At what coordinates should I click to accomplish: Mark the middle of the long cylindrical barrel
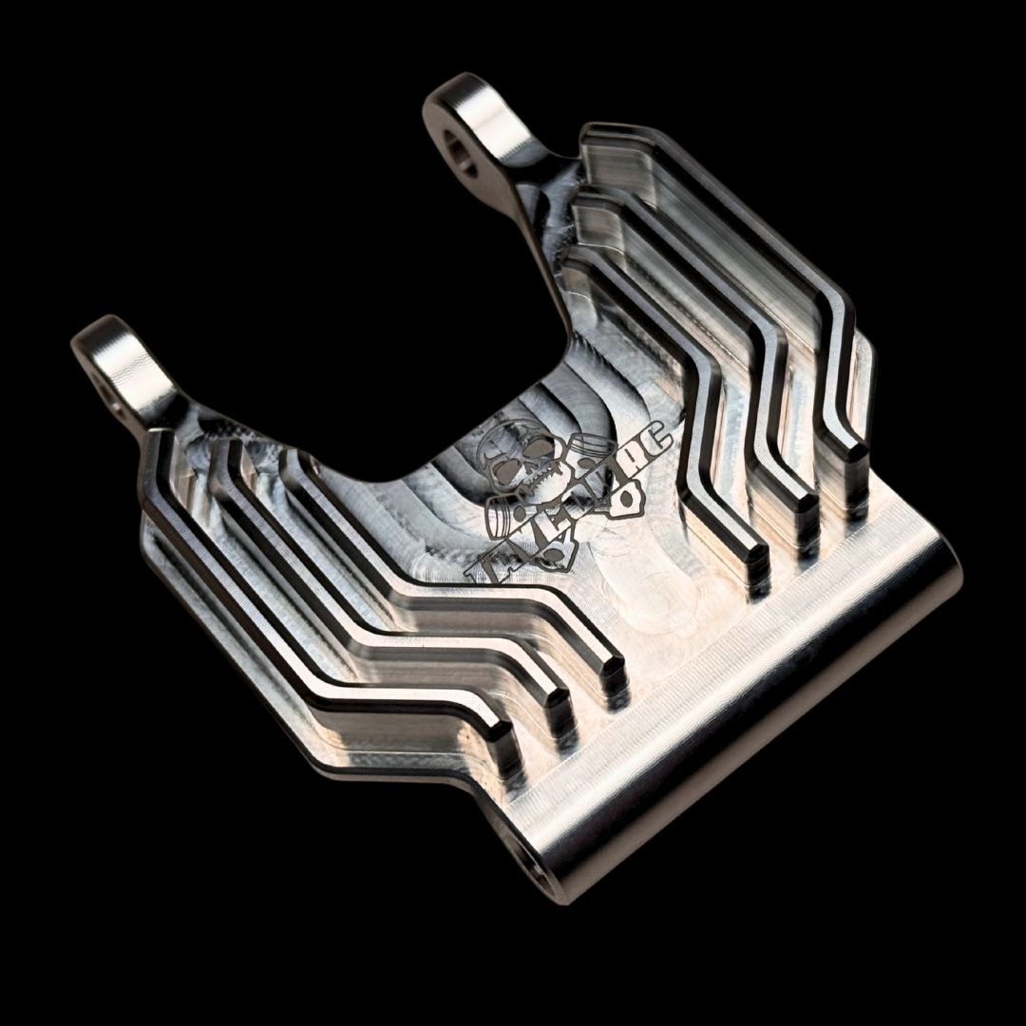741,712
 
